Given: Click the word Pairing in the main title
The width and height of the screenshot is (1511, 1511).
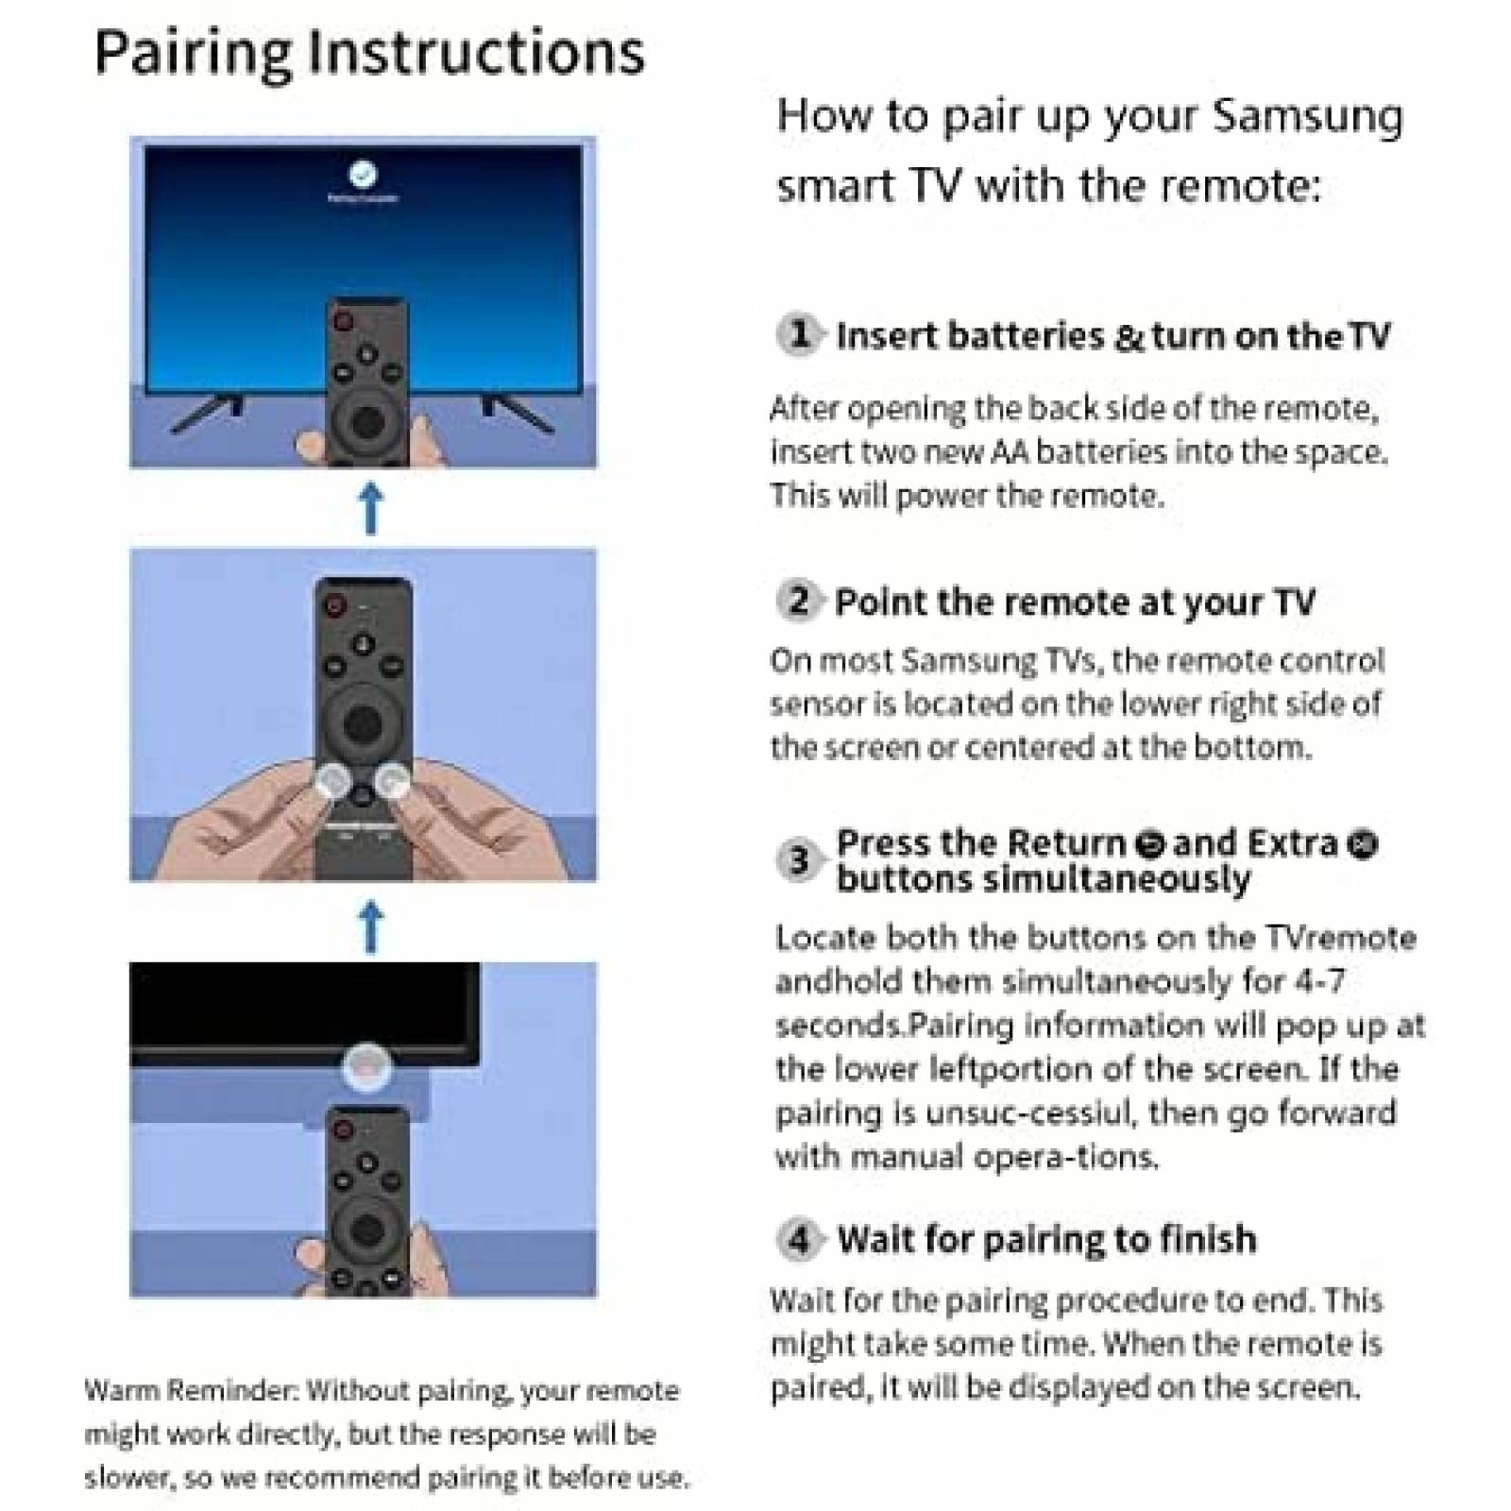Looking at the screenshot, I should pyautogui.click(x=193, y=54).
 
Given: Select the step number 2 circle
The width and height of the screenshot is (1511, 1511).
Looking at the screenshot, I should pyautogui.click(x=799, y=601).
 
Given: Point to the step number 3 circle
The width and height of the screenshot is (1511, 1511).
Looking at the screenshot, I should pyautogui.click(x=798, y=860).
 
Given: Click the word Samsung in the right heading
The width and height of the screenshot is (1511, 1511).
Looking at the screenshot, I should pyautogui.click(x=1307, y=117).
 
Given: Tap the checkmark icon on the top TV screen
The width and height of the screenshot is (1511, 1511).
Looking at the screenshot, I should pyautogui.click(x=363, y=174).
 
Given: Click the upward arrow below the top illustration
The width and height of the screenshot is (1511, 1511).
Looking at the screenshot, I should pyautogui.click(x=371, y=508).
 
